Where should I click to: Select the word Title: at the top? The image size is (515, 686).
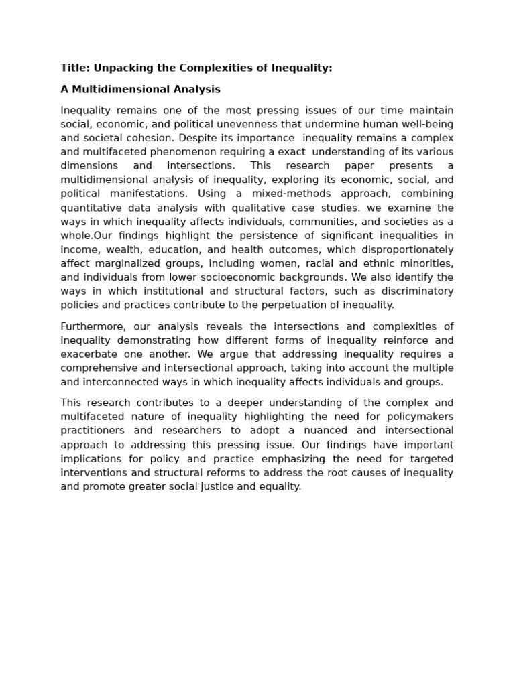[x=75, y=68]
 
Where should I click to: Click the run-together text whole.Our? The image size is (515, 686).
[x=86, y=236]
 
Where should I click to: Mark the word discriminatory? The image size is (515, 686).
[x=418, y=291]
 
